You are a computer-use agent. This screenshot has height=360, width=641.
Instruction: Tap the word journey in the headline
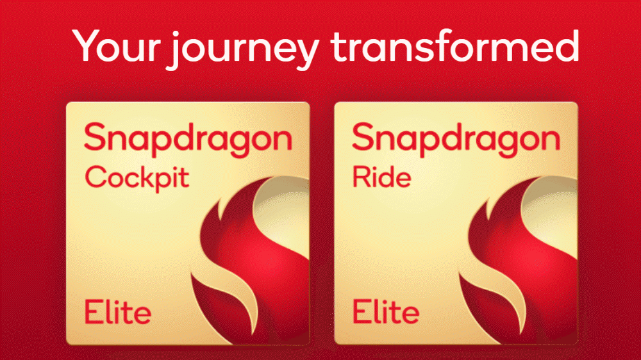tap(243, 49)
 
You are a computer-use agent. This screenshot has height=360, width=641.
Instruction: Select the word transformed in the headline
tap(454, 45)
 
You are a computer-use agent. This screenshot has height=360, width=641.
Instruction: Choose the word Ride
tap(381, 177)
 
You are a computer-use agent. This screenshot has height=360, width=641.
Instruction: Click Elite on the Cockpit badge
tap(117, 312)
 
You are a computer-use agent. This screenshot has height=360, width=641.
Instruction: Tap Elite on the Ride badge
tap(385, 312)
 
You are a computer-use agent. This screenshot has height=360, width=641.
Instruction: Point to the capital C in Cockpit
tap(96, 177)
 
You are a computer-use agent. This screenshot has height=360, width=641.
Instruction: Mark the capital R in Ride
tap(362, 177)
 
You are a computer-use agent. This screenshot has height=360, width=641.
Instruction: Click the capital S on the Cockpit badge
tap(96, 137)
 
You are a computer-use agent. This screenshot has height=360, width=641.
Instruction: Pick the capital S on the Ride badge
tap(363, 137)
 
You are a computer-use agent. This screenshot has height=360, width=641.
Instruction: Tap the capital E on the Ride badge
tap(361, 312)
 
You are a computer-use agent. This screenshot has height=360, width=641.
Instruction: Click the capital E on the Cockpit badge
tap(93, 312)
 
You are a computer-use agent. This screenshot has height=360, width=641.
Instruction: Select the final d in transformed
tap(565, 45)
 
